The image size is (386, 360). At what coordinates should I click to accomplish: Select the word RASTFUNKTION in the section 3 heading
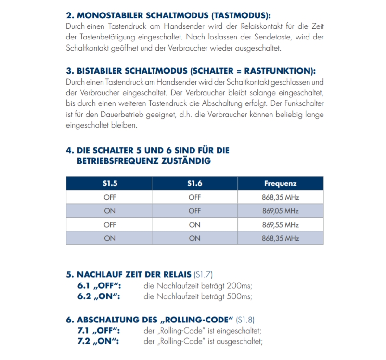click(281, 71)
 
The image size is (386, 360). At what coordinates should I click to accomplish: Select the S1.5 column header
click(109, 183)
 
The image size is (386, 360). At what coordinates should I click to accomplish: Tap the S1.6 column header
click(194, 183)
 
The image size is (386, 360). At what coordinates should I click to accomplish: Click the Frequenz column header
click(280, 183)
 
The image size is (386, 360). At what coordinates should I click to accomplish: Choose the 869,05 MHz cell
click(280, 211)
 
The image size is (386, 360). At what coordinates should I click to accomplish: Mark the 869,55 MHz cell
click(280, 225)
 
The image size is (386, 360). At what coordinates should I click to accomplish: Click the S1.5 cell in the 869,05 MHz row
click(109, 211)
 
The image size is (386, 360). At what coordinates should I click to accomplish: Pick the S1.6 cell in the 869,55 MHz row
click(194, 225)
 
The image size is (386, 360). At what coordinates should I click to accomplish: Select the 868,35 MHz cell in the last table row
click(280, 238)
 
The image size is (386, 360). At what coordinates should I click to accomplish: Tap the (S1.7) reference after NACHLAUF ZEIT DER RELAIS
click(203, 275)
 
